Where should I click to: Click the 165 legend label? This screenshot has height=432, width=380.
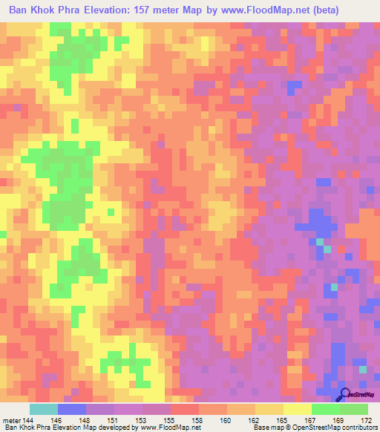pyautogui.click(x=283, y=419)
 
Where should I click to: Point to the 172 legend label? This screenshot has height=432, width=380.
pyautogui.click(x=367, y=419)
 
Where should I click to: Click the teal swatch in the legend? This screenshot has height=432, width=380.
pyautogui.click(x=44, y=409)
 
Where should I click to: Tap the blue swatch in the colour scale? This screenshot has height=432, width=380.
pyautogui.click(x=72, y=409)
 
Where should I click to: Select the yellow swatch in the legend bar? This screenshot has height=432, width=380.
pyautogui.click(x=297, y=409)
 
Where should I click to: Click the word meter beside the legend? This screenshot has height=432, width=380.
pyautogui.click(x=10, y=419)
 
